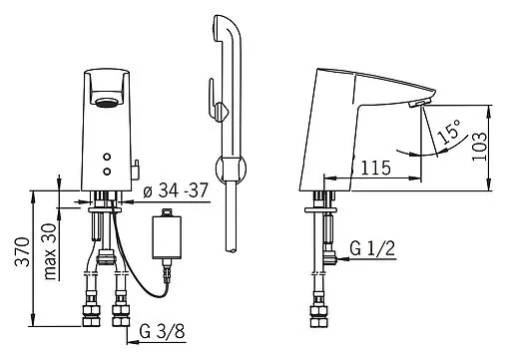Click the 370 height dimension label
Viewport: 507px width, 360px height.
coord(23,251)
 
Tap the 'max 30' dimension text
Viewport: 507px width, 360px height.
coord(50,251)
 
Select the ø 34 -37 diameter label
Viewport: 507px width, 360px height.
coord(176,190)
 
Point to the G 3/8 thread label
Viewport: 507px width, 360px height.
coord(162,331)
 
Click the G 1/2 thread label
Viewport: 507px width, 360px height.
coord(372,248)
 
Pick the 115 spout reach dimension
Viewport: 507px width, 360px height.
coord(376,168)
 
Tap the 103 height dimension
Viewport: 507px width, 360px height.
coord(480,147)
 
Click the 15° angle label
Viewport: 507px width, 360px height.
coord(449,132)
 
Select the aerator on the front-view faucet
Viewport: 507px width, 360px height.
coord(107,102)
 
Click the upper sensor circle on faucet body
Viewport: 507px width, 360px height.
coord(107,157)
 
